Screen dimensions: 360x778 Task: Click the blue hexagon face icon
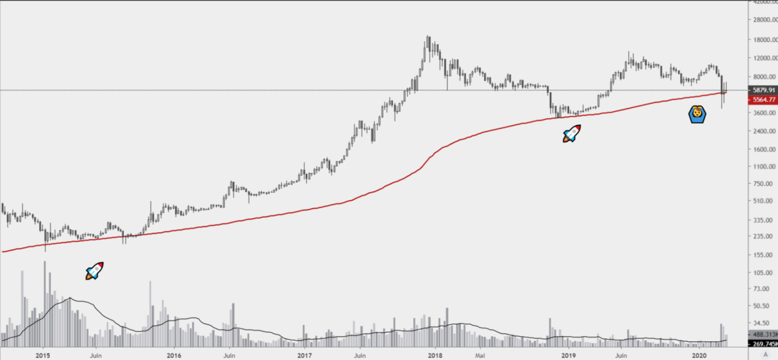point(696,115)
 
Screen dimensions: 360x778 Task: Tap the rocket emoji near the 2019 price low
point(571,134)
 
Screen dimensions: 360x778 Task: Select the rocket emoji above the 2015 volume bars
point(95,271)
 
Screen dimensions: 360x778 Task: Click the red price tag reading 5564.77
point(762,101)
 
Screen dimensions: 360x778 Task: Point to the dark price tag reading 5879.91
point(762,90)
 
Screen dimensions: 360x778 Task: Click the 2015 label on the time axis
point(43,355)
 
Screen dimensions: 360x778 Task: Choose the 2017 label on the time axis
point(305,355)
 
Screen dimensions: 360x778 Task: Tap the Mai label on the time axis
point(479,355)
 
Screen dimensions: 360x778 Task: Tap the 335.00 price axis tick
point(762,221)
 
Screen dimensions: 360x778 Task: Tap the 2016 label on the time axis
point(174,355)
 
